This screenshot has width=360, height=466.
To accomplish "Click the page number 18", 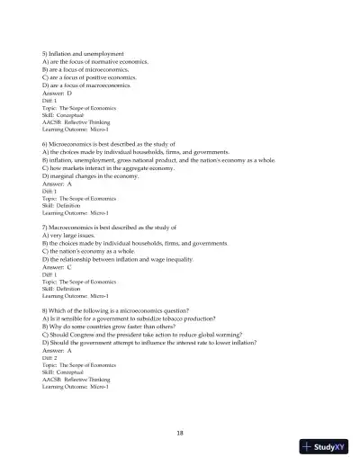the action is (x=181, y=433).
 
